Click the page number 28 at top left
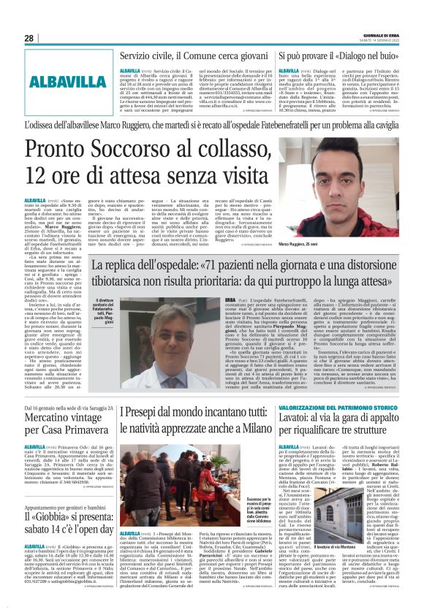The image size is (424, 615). tap(29, 38)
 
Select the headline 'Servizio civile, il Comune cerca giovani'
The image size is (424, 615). tap(195, 56)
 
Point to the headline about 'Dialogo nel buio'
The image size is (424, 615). tap(337, 56)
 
